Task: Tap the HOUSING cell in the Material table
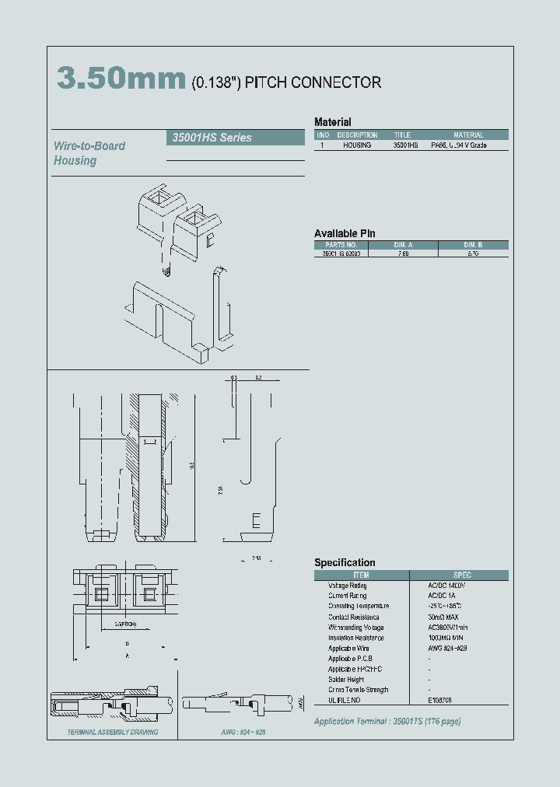click(x=357, y=145)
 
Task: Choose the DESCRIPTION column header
click(x=357, y=135)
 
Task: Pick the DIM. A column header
click(x=404, y=244)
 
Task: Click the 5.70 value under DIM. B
click(x=474, y=254)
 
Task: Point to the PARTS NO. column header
click(x=341, y=244)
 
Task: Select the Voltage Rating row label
click(x=347, y=585)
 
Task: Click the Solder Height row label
click(x=346, y=679)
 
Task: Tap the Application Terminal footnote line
click(x=387, y=721)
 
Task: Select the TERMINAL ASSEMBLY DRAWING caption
click(x=112, y=732)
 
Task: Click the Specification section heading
click(x=345, y=562)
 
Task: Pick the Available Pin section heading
click(x=345, y=233)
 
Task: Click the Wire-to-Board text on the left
click(x=89, y=145)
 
